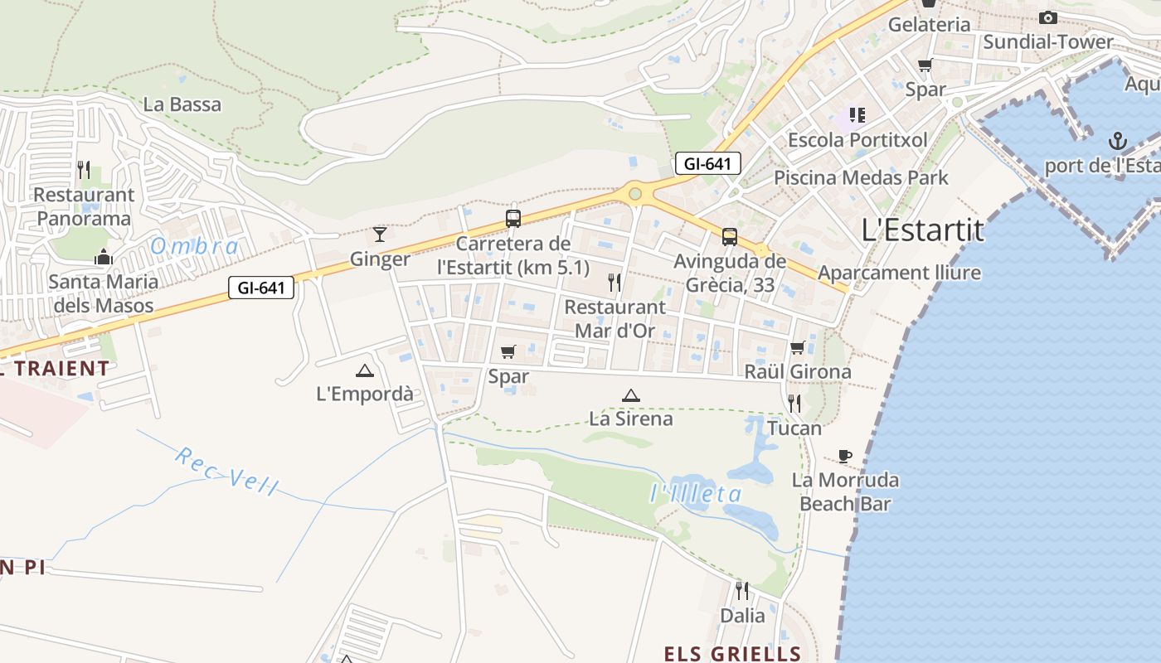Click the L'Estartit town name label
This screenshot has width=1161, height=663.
pos(923,230)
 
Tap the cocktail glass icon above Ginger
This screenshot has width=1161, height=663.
pos(380,235)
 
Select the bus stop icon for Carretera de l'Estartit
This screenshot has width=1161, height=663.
pos(513,219)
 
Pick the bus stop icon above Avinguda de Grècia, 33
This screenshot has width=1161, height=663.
pos(730,237)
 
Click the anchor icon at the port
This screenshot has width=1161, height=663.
pos(1118,140)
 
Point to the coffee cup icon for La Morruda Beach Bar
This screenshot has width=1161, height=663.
pos(844,456)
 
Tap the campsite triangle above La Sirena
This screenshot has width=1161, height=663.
pos(631,395)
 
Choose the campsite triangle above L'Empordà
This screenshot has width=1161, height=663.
pos(364,370)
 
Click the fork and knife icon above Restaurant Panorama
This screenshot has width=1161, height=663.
pos(84,170)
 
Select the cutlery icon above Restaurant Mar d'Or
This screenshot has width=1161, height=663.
pos(615,283)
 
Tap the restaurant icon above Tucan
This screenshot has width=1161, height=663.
pos(794,404)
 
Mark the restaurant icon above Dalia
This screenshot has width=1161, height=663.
pos(742,591)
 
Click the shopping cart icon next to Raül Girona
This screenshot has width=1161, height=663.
pos(798,347)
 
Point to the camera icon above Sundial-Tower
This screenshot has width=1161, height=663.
pos(1048,17)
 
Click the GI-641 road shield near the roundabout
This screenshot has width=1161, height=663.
pos(707,164)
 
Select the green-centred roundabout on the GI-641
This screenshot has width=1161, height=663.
pos(635,194)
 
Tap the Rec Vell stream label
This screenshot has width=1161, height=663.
pos(227,471)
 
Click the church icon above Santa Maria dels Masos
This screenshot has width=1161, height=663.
pos(104,257)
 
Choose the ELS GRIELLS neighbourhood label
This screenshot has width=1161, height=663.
pos(732,653)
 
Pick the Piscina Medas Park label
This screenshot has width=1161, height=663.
pos(861,177)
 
